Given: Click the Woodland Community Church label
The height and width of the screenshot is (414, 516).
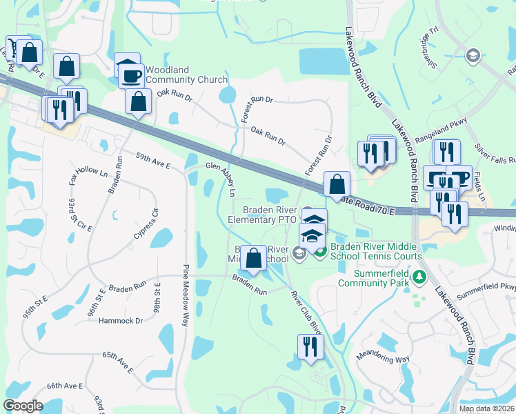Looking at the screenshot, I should [x=183, y=79].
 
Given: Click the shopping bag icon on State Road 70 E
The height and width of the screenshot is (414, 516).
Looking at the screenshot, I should [x=337, y=184].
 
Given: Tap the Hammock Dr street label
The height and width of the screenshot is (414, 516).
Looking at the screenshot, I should [x=120, y=320].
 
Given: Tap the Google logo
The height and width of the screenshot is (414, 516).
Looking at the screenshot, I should [x=23, y=406].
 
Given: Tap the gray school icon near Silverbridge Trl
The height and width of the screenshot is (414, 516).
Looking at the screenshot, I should [x=473, y=55].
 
